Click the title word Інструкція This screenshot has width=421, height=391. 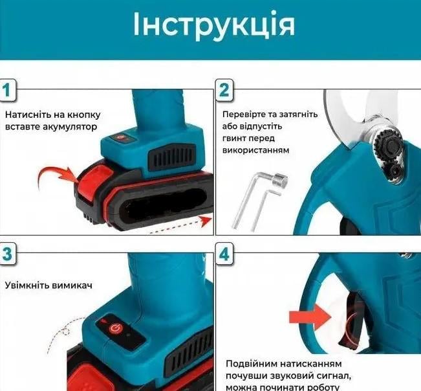tap(214, 25)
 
